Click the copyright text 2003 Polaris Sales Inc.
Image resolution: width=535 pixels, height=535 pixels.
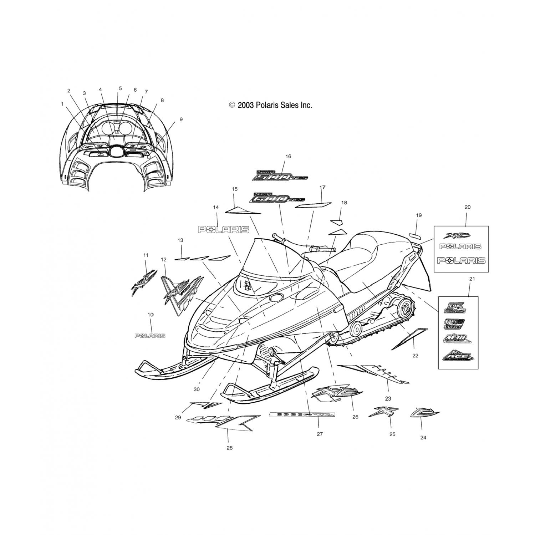(x=271, y=105)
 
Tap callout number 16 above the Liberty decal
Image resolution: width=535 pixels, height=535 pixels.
(x=288, y=156)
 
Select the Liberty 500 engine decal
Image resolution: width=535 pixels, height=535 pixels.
(x=279, y=175)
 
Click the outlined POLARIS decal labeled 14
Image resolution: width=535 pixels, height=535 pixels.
(x=224, y=229)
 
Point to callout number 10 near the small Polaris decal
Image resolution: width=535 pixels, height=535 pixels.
(x=151, y=315)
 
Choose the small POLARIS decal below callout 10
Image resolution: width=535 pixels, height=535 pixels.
(x=150, y=336)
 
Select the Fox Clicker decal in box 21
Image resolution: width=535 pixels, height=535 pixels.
(x=454, y=323)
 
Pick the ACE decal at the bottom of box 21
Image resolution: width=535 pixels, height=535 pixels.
(x=458, y=356)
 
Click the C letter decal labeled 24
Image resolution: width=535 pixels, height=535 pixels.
(x=424, y=413)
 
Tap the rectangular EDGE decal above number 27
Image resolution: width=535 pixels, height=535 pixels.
(x=302, y=414)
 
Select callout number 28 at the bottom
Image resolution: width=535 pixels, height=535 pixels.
(x=229, y=448)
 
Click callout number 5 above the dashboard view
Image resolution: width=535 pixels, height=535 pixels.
(x=120, y=88)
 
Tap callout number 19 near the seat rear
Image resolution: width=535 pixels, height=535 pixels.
(x=419, y=215)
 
